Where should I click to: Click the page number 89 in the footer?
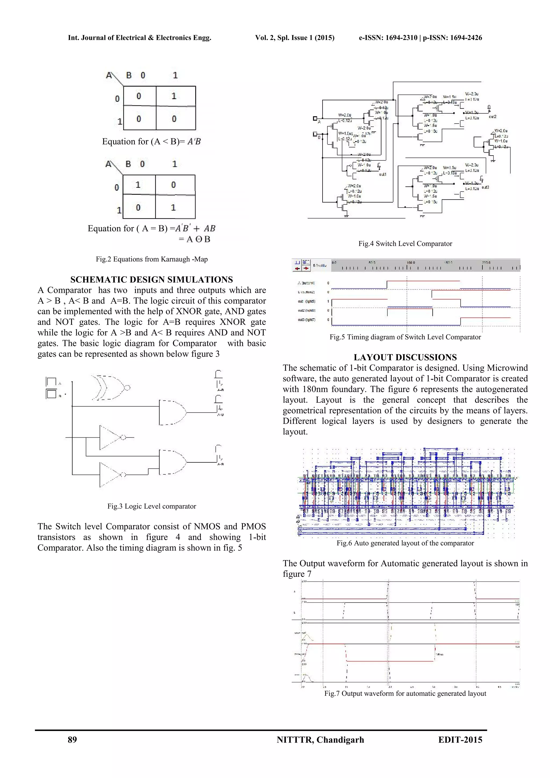click(72, 740)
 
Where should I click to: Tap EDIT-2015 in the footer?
click(460, 740)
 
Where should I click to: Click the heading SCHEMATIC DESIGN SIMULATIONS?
click(151, 280)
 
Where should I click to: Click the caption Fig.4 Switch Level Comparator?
click(405, 244)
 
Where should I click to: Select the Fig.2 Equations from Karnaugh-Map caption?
click(151, 259)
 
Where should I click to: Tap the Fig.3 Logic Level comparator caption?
click(151, 506)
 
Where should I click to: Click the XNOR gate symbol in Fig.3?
click(110, 387)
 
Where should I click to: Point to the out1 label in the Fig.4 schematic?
click(383, 175)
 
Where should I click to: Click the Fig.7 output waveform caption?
click(405, 693)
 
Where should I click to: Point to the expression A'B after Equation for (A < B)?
click(194, 141)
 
